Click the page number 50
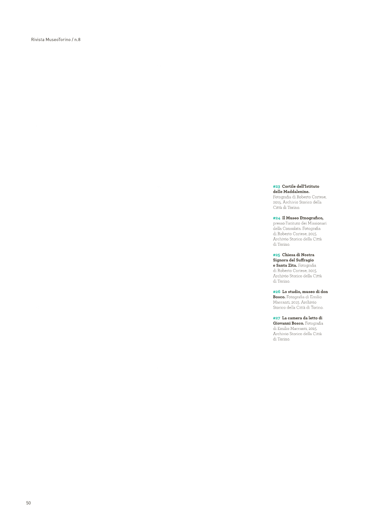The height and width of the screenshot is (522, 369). point(28,503)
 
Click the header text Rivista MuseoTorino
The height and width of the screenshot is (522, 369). point(51,39)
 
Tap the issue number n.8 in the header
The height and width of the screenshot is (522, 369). point(77,39)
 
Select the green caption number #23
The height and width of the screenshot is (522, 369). point(276,187)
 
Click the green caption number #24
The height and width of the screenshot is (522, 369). point(277,218)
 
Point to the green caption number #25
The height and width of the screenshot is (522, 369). point(276,255)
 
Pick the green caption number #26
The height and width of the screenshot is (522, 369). point(277,292)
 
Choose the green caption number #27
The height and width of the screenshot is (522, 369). point(276,318)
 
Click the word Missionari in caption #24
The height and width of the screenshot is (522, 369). point(317,223)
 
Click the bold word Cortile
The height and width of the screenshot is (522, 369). point(289,187)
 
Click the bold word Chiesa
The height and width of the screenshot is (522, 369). point(288,255)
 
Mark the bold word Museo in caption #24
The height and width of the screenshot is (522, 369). point(292,218)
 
